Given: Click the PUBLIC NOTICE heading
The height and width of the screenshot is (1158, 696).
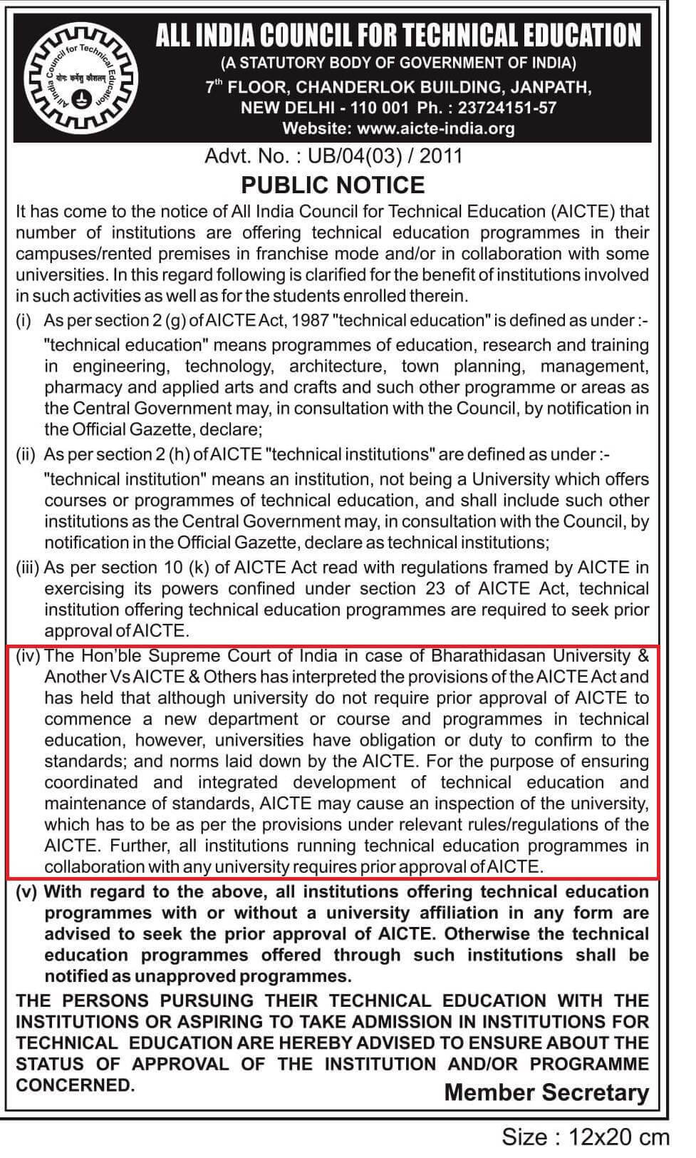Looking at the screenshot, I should click(333, 185).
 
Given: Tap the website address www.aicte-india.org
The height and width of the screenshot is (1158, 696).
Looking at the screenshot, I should click(436, 128).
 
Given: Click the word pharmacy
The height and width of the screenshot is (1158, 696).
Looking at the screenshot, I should click(80, 388).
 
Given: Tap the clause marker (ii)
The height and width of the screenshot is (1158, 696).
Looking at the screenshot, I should click(26, 454).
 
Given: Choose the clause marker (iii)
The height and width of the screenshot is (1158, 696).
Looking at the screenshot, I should click(28, 568).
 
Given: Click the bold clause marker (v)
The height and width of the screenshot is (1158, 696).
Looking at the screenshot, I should click(27, 892).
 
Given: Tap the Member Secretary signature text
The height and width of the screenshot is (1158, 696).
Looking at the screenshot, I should click(546, 1092).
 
